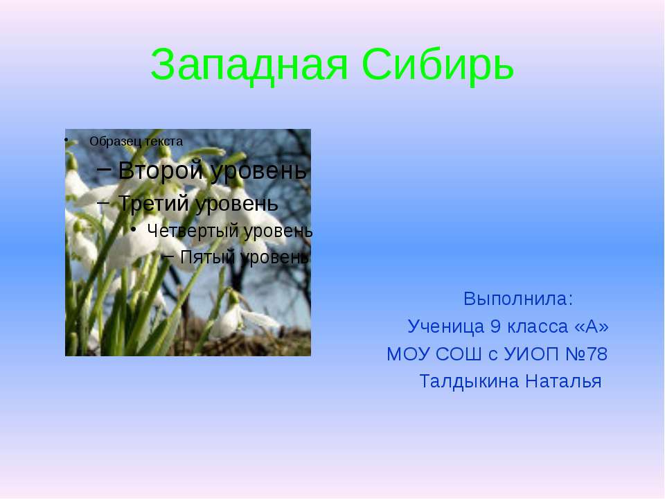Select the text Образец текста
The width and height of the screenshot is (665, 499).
[x=136, y=141]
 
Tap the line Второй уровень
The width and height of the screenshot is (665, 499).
[x=212, y=170]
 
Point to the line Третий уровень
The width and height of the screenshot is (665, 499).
[x=198, y=203]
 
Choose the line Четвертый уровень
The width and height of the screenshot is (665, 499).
[x=230, y=231]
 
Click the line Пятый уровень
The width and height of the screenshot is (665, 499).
[x=244, y=257]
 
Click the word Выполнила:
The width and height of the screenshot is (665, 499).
[x=518, y=299]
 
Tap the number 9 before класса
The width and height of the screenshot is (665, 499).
[x=495, y=326]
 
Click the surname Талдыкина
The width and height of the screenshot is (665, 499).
[x=470, y=381]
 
